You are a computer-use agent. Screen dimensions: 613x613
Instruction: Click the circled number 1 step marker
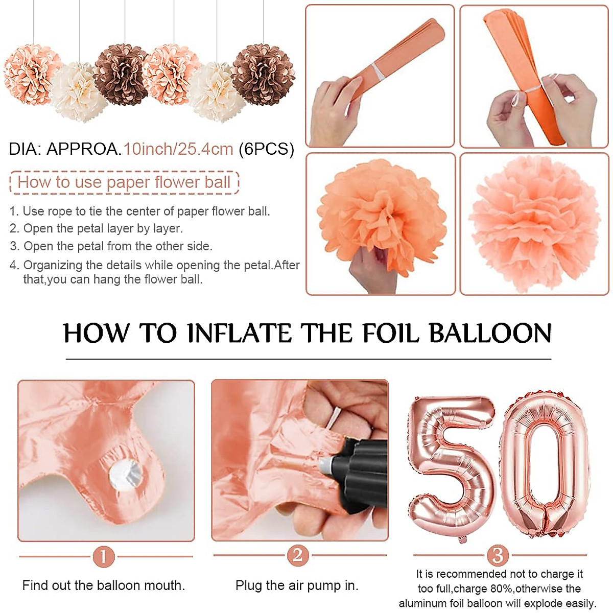click(104, 556)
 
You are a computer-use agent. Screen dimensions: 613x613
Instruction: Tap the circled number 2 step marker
click(298, 555)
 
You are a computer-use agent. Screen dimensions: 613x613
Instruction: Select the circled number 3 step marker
click(498, 555)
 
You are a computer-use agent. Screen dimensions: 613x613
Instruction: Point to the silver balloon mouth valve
click(125, 473)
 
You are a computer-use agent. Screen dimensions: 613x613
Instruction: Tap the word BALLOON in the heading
click(490, 333)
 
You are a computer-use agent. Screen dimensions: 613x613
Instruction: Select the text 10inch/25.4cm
click(178, 149)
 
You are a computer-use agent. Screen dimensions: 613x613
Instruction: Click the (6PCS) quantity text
click(266, 149)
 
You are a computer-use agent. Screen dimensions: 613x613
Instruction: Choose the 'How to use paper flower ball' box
click(124, 182)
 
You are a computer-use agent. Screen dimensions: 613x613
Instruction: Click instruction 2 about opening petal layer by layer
click(97, 228)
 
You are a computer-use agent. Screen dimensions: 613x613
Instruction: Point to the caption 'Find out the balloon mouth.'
click(104, 585)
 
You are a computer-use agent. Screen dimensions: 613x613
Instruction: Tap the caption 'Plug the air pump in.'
click(297, 585)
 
